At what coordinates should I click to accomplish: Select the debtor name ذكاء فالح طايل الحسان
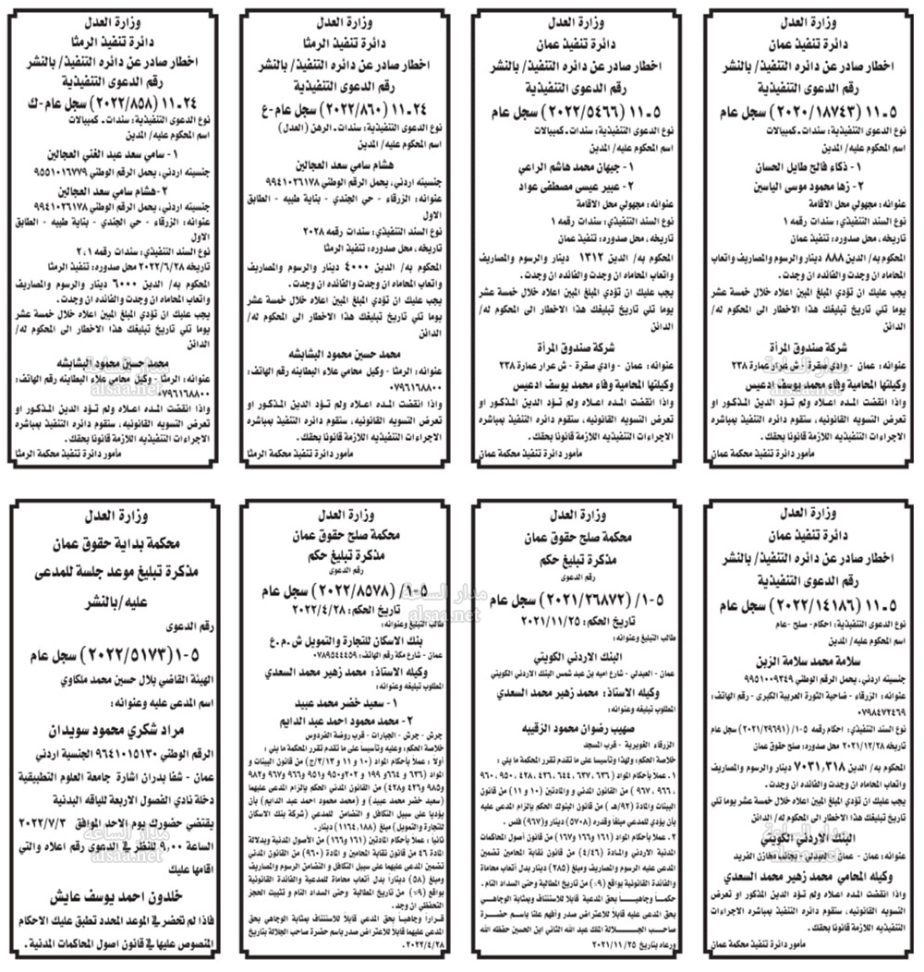point(808,169)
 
